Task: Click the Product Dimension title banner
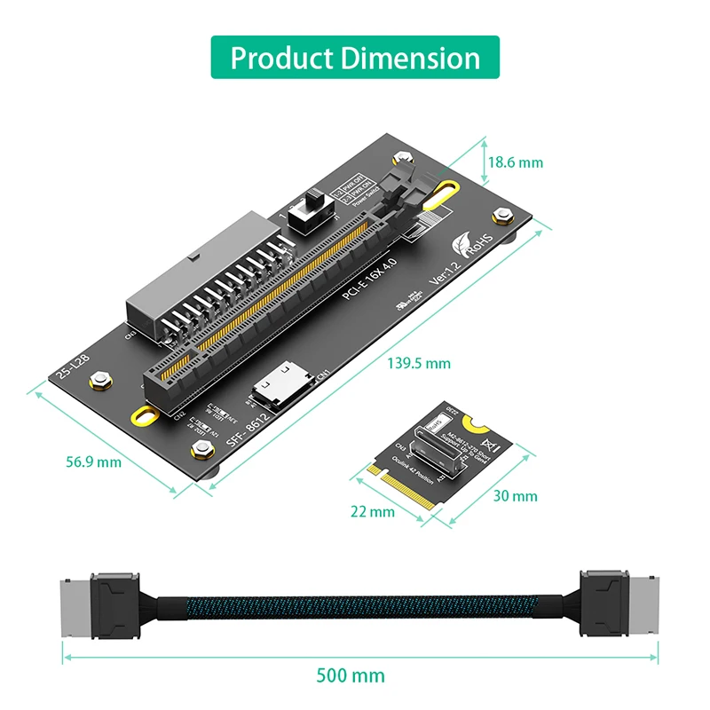[x=355, y=58]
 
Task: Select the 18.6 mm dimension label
[x=515, y=162]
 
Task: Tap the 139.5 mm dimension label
[x=419, y=363]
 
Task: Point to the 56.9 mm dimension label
[x=94, y=461]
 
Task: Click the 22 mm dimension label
[x=372, y=511]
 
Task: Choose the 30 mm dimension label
[x=516, y=495]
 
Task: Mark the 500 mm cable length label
[x=351, y=674]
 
